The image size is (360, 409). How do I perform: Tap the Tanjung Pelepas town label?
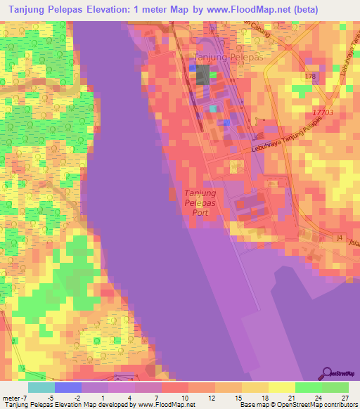tap(228, 57)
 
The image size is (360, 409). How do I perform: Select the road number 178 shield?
tap(311, 75)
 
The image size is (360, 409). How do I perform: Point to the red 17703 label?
tap(322, 112)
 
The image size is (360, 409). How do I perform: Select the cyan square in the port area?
tap(213, 109)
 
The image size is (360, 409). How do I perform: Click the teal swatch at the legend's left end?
tap(41, 387)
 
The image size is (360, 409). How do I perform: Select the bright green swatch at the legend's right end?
tap(335, 387)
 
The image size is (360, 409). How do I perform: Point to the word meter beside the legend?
tap(10, 397)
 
